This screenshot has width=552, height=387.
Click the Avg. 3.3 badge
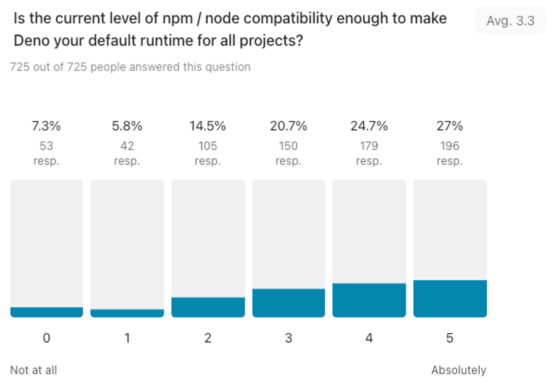tap(510, 21)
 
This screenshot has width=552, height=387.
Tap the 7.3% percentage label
tap(46, 126)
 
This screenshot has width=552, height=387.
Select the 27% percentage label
tap(450, 126)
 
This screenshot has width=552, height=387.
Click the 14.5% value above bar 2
tap(208, 126)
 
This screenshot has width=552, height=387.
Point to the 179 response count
tap(369, 146)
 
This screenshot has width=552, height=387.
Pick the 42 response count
tap(127, 146)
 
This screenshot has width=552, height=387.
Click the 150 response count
tap(288, 146)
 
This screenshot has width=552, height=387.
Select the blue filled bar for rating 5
tap(450, 298)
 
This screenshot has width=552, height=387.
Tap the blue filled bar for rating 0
tap(46, 312)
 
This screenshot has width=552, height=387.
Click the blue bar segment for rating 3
tap(288, 303)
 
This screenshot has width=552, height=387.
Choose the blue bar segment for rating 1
tap(127, 313)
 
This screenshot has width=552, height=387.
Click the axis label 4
tap(369, 338)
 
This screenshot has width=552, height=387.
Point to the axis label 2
tap(208, 338)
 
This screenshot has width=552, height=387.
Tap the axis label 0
tap(46, 338)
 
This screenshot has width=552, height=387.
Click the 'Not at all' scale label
tap(33, 370)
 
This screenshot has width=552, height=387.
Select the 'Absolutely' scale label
tap(458, 370)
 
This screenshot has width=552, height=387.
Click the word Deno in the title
tap(31, 41)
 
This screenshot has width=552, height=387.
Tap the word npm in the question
tap(177, 18)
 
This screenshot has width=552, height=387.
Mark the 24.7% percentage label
tap(369, 126)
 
